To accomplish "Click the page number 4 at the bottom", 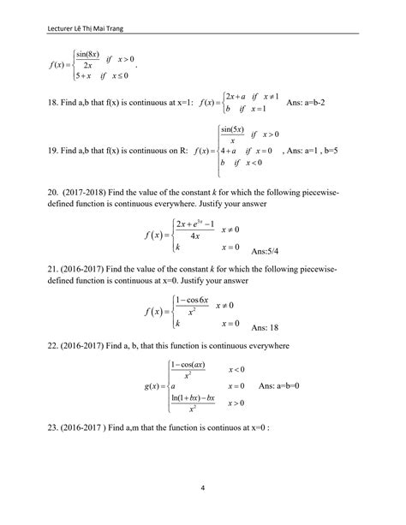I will [x=203, y=490].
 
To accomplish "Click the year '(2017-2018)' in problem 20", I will [x=102, y=199].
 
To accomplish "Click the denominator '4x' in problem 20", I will [x=196, y=236].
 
